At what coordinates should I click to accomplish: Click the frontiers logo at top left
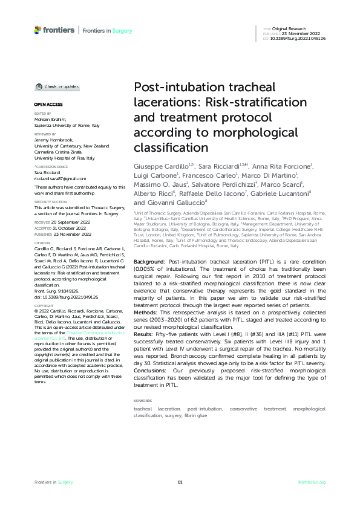(54, 30)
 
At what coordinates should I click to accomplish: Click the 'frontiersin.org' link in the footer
(313, 482)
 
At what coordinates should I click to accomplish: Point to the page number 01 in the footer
(180, 482)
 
